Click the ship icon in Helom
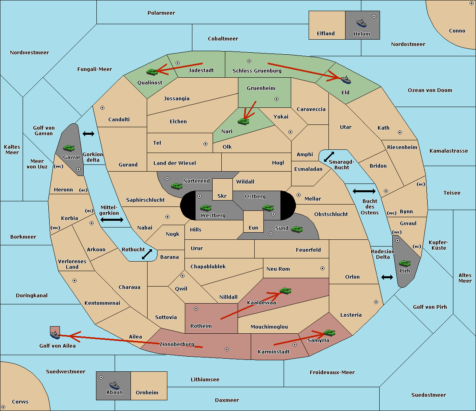tap(361, 23)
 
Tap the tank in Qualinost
tap(152, 72)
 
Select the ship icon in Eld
tap(346, 80)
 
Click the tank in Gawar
tap(69, 148)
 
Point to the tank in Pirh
tap(405, 263)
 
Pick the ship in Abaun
tap(115, 385)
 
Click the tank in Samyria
tap(329, 333)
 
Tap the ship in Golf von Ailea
tap(55, 335)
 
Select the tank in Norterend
tap(177, 186)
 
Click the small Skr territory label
tap(222, 196)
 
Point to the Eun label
tap(253, 227)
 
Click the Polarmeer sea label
tap(161, 13)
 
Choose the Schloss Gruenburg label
tap(257, 71)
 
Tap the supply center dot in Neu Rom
tap(322, 268)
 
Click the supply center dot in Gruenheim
tap(276, 99)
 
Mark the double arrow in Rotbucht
tap(147, 254)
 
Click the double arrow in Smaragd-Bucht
tap(329, 157)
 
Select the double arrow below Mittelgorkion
tap(112, 220)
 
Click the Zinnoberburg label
tap(177, 344)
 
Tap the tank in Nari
tap(244, 122)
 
